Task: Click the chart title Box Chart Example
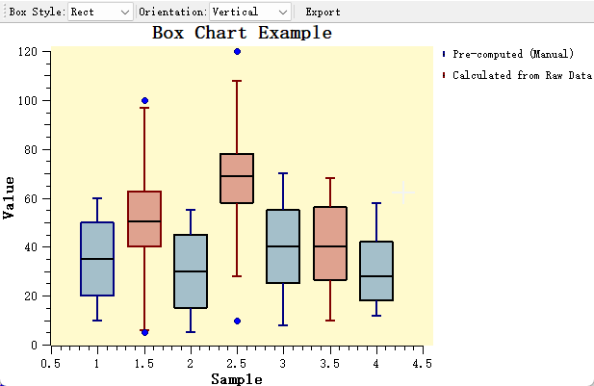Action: [x=242, y=33]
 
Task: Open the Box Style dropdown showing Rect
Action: [x=100, y=12]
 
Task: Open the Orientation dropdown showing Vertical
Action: [x=249, y=12]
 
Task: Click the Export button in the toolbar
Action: [x=323, y=12]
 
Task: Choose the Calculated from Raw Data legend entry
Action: [x=521, y=75]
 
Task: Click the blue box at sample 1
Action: [x=97, y=259]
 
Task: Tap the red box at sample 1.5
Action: [x=144, y=219]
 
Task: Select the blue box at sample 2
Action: [x=191, y=271]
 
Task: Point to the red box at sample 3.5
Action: [x=330, y=244]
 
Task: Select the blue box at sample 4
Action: [x=375, y=271]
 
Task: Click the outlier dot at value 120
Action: [x=237, y=51]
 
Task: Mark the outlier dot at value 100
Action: [x=144, y=100]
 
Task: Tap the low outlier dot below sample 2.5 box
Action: [x=237, y=321]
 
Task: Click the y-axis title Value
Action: [x=9, y=197]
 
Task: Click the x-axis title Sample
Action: [x=236, y=379]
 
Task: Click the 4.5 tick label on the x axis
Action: [x=422, y=364]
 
